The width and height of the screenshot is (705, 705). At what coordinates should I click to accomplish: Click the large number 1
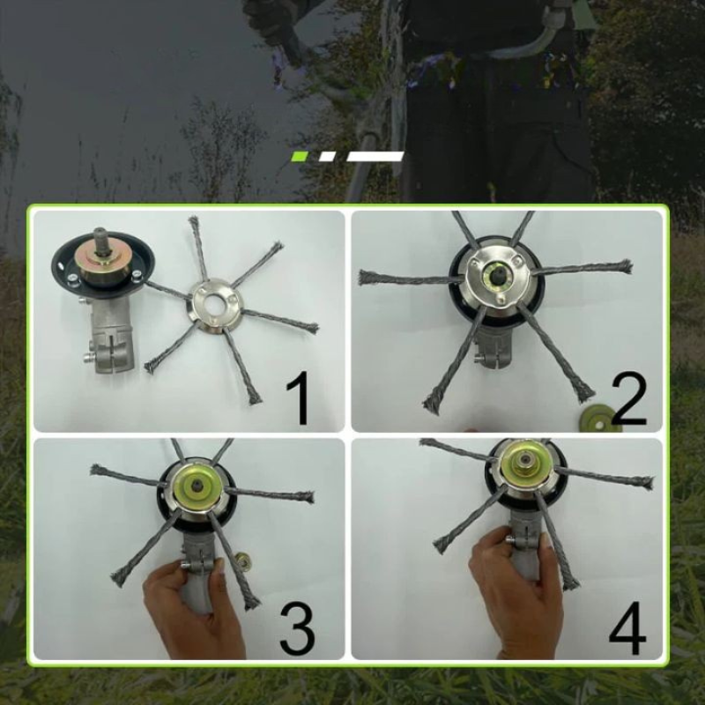click(x=299, y=398)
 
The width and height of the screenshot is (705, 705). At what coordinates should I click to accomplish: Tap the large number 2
click(x=628, y=398)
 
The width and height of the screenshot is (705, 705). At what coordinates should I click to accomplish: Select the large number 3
click(x=297, y=629)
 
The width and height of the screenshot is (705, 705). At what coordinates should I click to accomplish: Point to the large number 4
click(x=627, y=627)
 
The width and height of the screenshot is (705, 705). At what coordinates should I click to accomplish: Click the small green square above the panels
click(x=300, y=157)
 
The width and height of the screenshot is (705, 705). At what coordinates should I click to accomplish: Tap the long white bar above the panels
click(x=375, y=157)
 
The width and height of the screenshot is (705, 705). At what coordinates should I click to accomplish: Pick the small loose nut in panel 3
click(x=244, y=560)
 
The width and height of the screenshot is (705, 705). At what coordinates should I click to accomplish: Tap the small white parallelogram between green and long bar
click(x=327, y=157)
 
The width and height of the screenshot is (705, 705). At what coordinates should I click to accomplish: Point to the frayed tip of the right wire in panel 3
click(x=308, y=497)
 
